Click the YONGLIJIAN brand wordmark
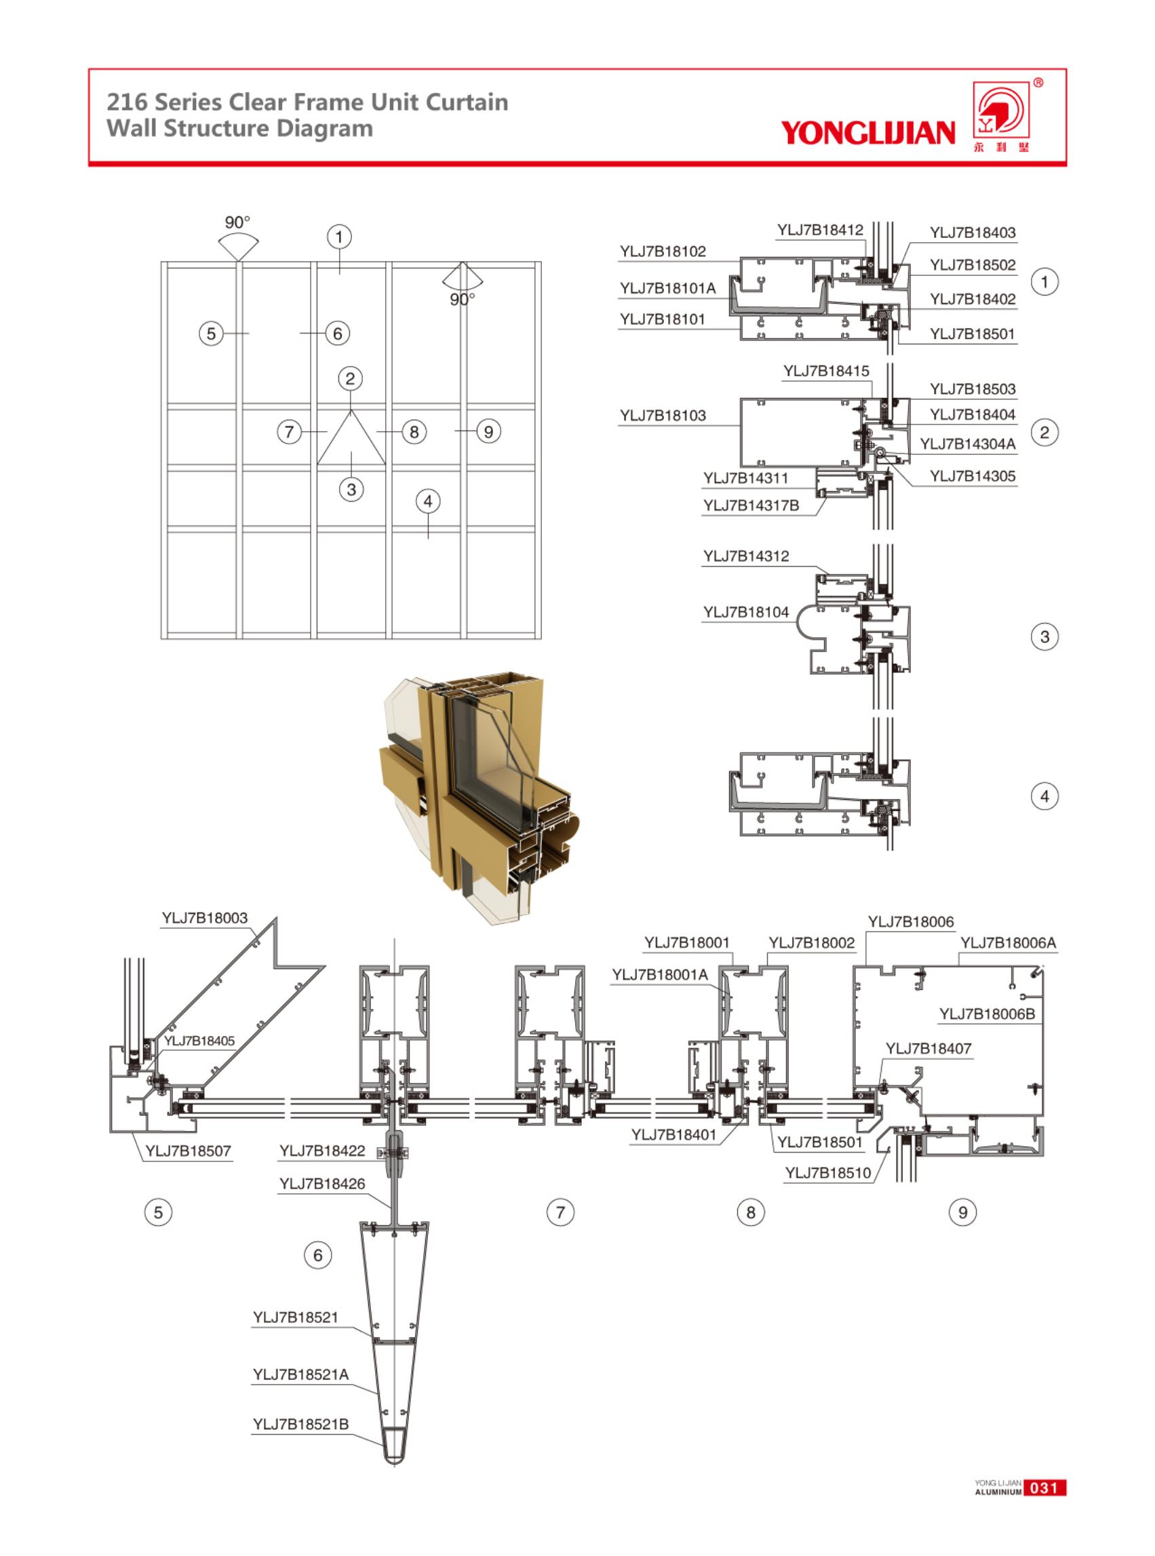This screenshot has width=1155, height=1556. (x=867, y=132)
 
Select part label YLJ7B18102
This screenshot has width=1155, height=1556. (x=662, y=251)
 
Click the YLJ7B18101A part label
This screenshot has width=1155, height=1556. (x=667, y=288)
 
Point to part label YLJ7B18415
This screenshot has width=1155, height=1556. (x=825, y=370)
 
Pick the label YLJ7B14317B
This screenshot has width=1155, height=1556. (x=751, y=505)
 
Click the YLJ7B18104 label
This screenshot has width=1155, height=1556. (x=745, y=612)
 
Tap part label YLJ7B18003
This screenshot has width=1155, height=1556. (x=204, y=918)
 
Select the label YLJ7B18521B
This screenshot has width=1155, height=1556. (x=300, y=1424)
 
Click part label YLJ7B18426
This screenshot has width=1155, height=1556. (x=322, y=1183)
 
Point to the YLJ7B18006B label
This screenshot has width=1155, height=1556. (x=987, y=1014)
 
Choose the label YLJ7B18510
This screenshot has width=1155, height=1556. (x=828, y=1172)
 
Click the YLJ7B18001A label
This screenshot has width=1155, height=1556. (x=660, y=974)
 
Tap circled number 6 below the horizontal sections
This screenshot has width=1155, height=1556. (x=317, y=1256)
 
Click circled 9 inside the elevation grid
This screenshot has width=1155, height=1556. (x=488, y=431)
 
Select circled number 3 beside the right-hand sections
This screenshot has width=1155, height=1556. (x=1044, y=637)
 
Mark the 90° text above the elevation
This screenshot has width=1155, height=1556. (x=237, y=222)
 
